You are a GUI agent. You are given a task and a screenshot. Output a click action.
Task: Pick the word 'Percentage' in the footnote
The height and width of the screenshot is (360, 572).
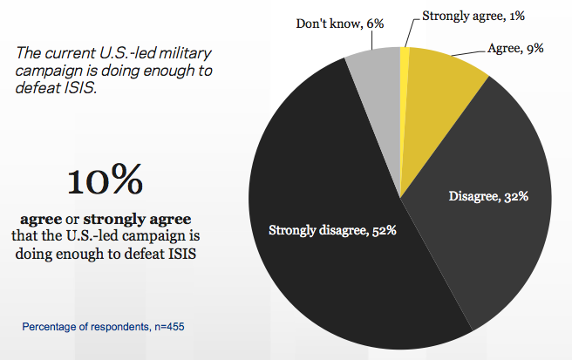point(49,328)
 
